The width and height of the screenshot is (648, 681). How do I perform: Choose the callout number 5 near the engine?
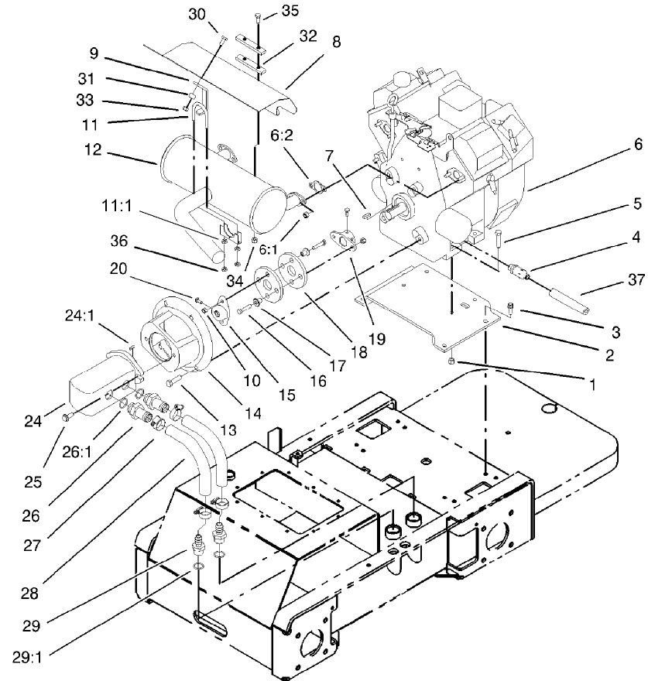coord(614,204)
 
